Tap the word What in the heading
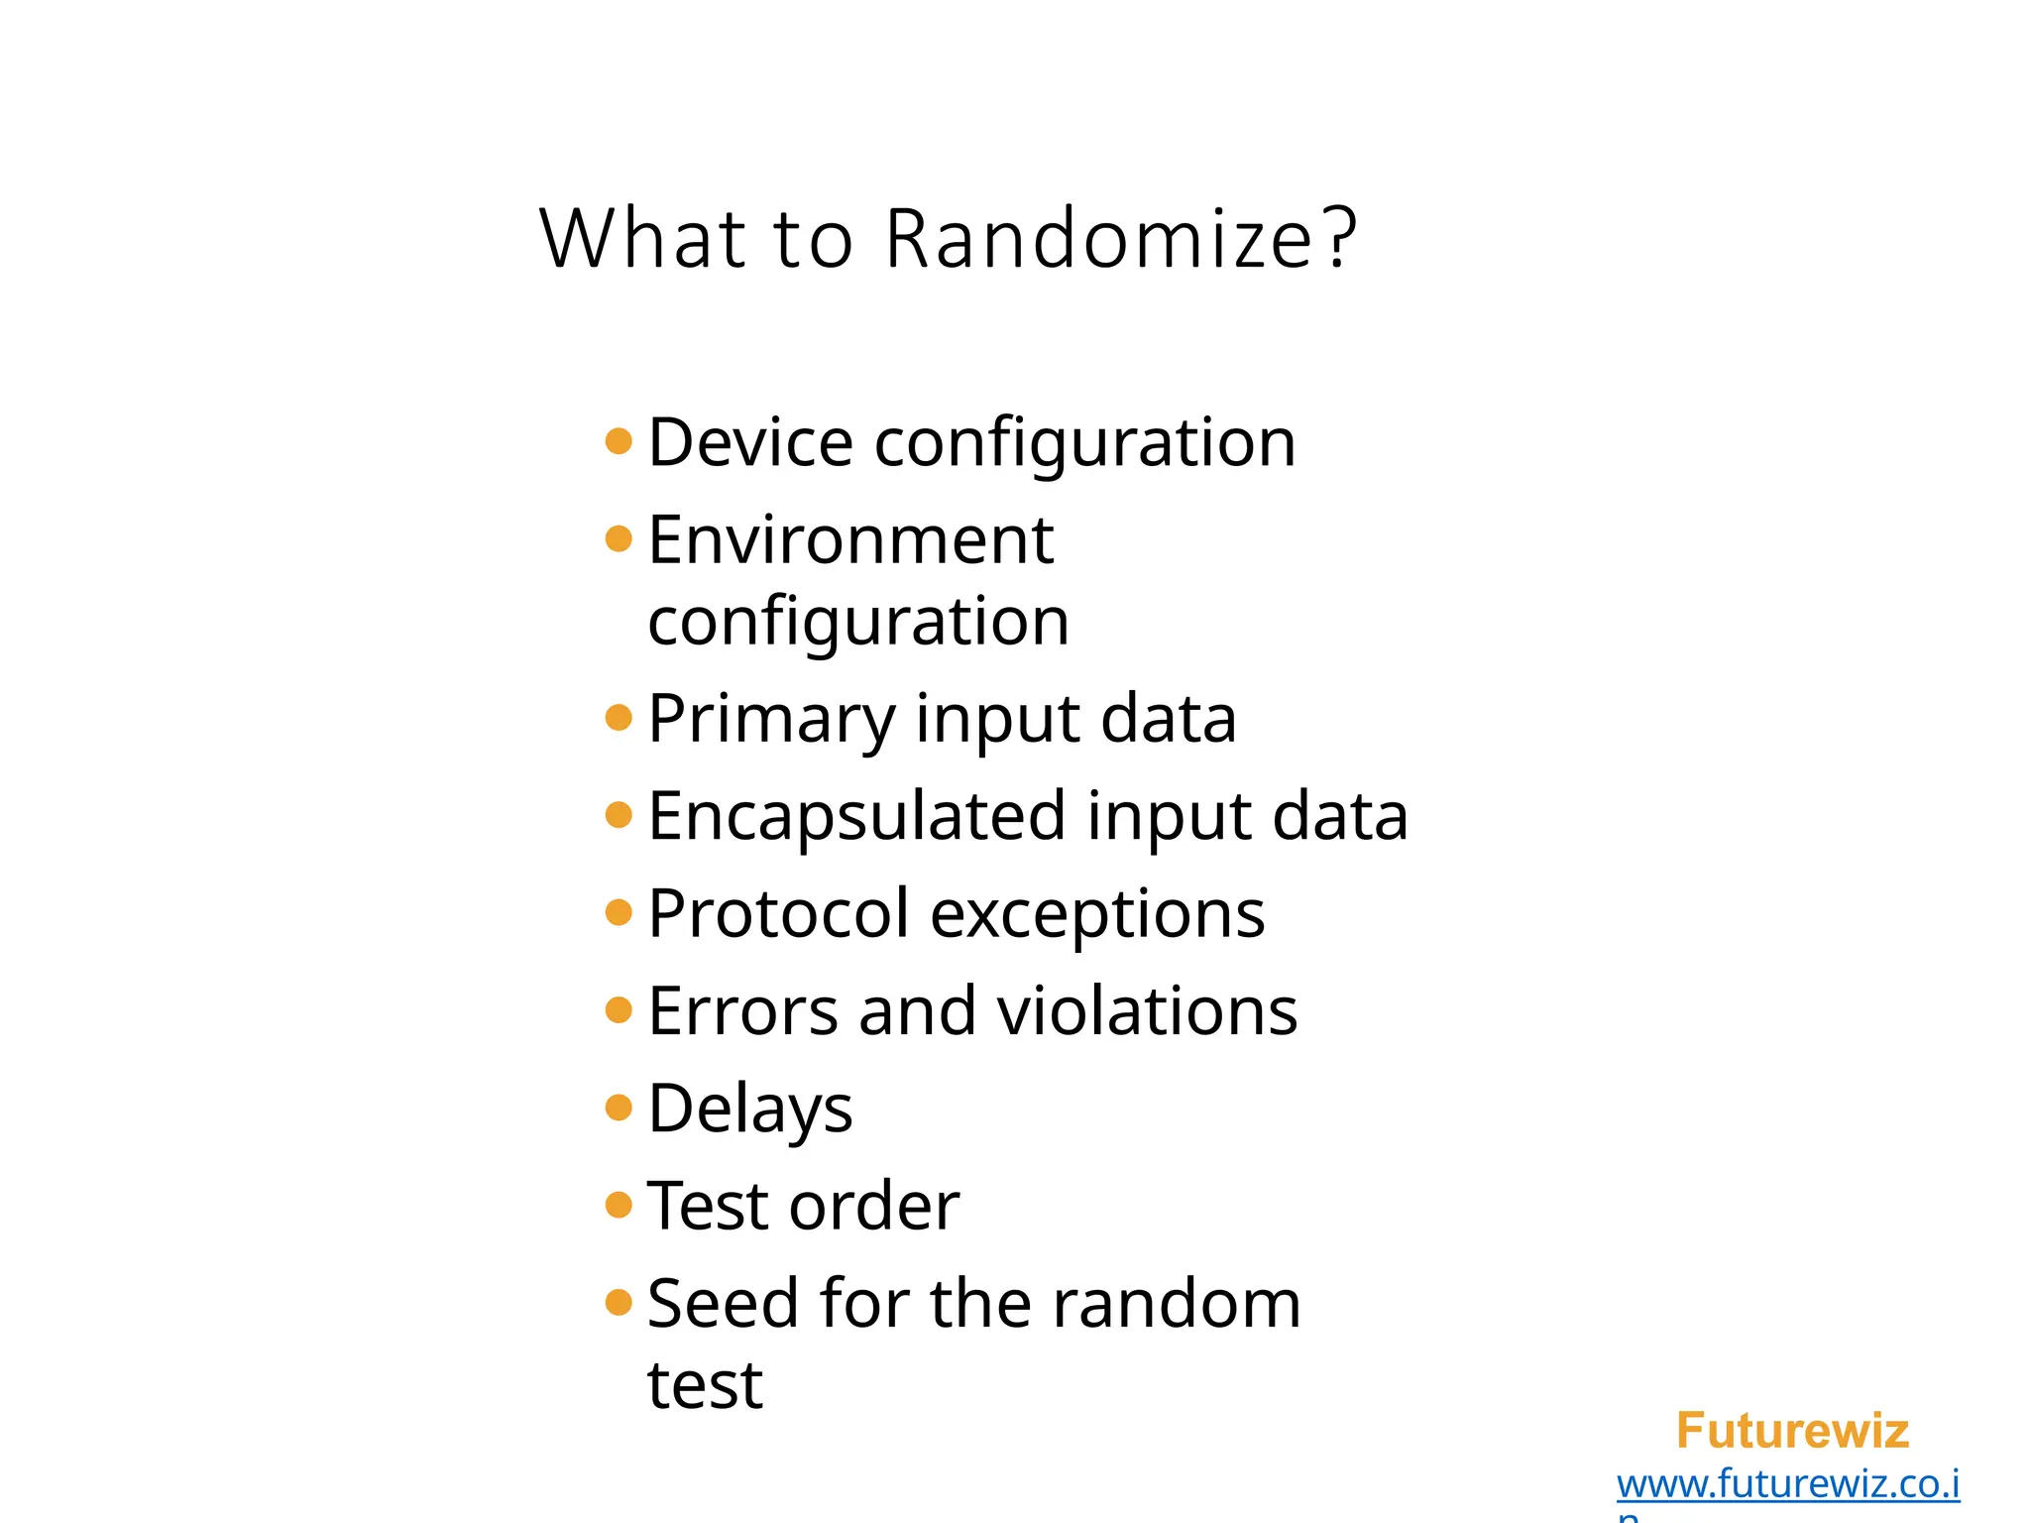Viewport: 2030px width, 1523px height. coord(642,239)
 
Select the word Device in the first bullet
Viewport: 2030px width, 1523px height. coord(749,442)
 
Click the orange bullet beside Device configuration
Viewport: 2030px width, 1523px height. coord(619,440)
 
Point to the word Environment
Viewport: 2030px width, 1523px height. coord(849,540)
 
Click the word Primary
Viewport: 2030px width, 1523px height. coord(770,719)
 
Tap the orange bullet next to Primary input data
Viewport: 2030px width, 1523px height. coord(619,717)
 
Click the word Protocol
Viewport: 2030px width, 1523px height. coord(778,913)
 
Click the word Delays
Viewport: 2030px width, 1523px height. coord(749,1110)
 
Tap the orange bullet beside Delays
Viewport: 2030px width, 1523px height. coord(619,1107)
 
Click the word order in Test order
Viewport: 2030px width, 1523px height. coord(874,1207)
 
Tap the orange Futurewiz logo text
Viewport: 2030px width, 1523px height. coord(1792,1431)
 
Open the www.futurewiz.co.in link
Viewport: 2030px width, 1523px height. coord(1787,1484)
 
